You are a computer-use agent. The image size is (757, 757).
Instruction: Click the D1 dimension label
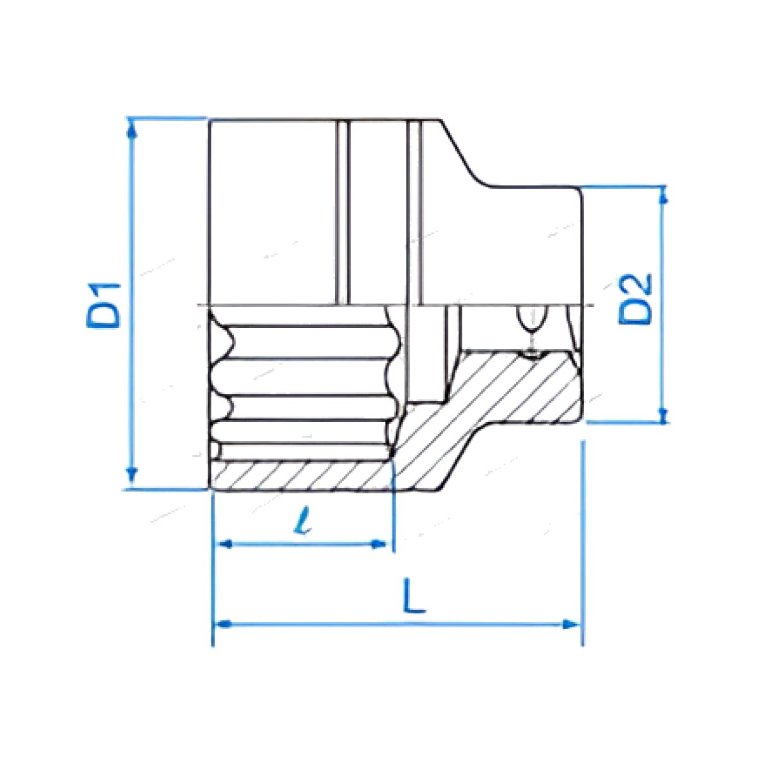(x=103, y=305)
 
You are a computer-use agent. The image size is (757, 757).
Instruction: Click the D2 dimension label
(x=635, y=300)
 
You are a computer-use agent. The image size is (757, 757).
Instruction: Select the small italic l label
(x=303, y=520)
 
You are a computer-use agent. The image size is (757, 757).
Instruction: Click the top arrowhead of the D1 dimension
(x=132, y=129)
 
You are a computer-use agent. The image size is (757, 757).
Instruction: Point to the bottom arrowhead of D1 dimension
(x=132, y=477)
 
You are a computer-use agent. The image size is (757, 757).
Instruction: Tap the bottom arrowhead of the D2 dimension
(x=663, y=414)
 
